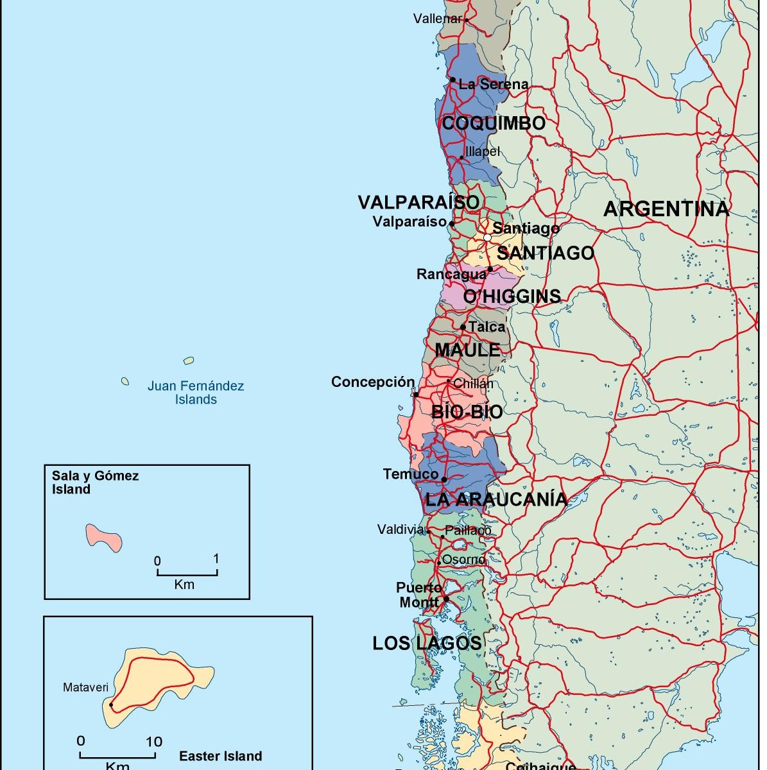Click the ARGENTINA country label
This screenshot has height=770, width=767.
(666, 209)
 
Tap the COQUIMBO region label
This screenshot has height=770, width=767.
(494, 123)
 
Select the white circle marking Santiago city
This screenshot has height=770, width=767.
(487, 237)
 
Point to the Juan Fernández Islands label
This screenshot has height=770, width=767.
(196, 393)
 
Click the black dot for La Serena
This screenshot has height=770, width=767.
(452, 80)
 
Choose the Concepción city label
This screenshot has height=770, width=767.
(373, 382)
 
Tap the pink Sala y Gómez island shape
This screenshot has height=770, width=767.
(104, 536)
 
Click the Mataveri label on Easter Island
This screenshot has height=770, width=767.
(85, 687)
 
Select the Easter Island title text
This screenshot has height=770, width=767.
(220, 756)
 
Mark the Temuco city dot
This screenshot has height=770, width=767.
(444, 479)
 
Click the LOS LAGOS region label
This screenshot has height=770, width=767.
(427, 643)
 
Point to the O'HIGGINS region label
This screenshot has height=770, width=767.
(512, 296)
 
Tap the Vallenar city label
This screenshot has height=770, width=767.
(437, 19)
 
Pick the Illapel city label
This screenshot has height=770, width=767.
(482, 151)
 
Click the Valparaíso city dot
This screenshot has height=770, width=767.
(452, 224)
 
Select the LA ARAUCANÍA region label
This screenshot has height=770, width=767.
(496, 499)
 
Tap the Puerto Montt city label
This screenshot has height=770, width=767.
(419, 595)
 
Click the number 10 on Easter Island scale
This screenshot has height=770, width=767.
(154, 742)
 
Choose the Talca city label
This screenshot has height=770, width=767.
(487, 327)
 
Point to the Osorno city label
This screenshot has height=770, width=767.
(463, 560)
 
